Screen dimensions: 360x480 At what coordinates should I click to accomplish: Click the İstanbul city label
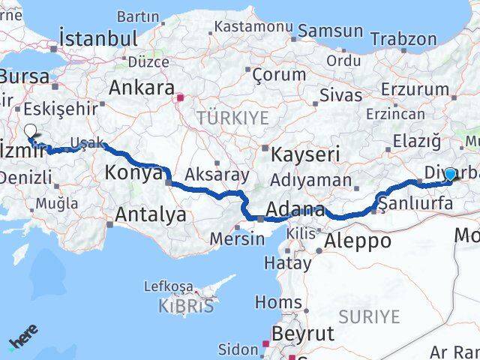click(x=98, y=39)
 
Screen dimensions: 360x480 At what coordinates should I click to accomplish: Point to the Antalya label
click(x=151, y=215)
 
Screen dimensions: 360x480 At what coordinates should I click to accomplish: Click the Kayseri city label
click(x=305, y=154)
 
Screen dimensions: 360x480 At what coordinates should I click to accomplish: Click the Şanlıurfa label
click(x=415, y=203)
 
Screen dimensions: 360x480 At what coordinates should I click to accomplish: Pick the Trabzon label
click(x=403, y=39)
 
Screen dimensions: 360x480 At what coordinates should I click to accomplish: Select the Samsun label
click(x=331, y=31)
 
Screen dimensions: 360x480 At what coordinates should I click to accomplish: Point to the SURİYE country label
click(x=370, y=316)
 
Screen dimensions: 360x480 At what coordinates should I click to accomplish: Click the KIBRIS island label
click(x=186, y=306)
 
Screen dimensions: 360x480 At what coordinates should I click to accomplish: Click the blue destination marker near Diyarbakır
click(x=449, y=174)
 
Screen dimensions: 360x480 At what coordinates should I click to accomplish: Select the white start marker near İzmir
click(x=30, y=130)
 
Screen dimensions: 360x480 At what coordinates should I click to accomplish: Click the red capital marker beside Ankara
click(x=180, y=97)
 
